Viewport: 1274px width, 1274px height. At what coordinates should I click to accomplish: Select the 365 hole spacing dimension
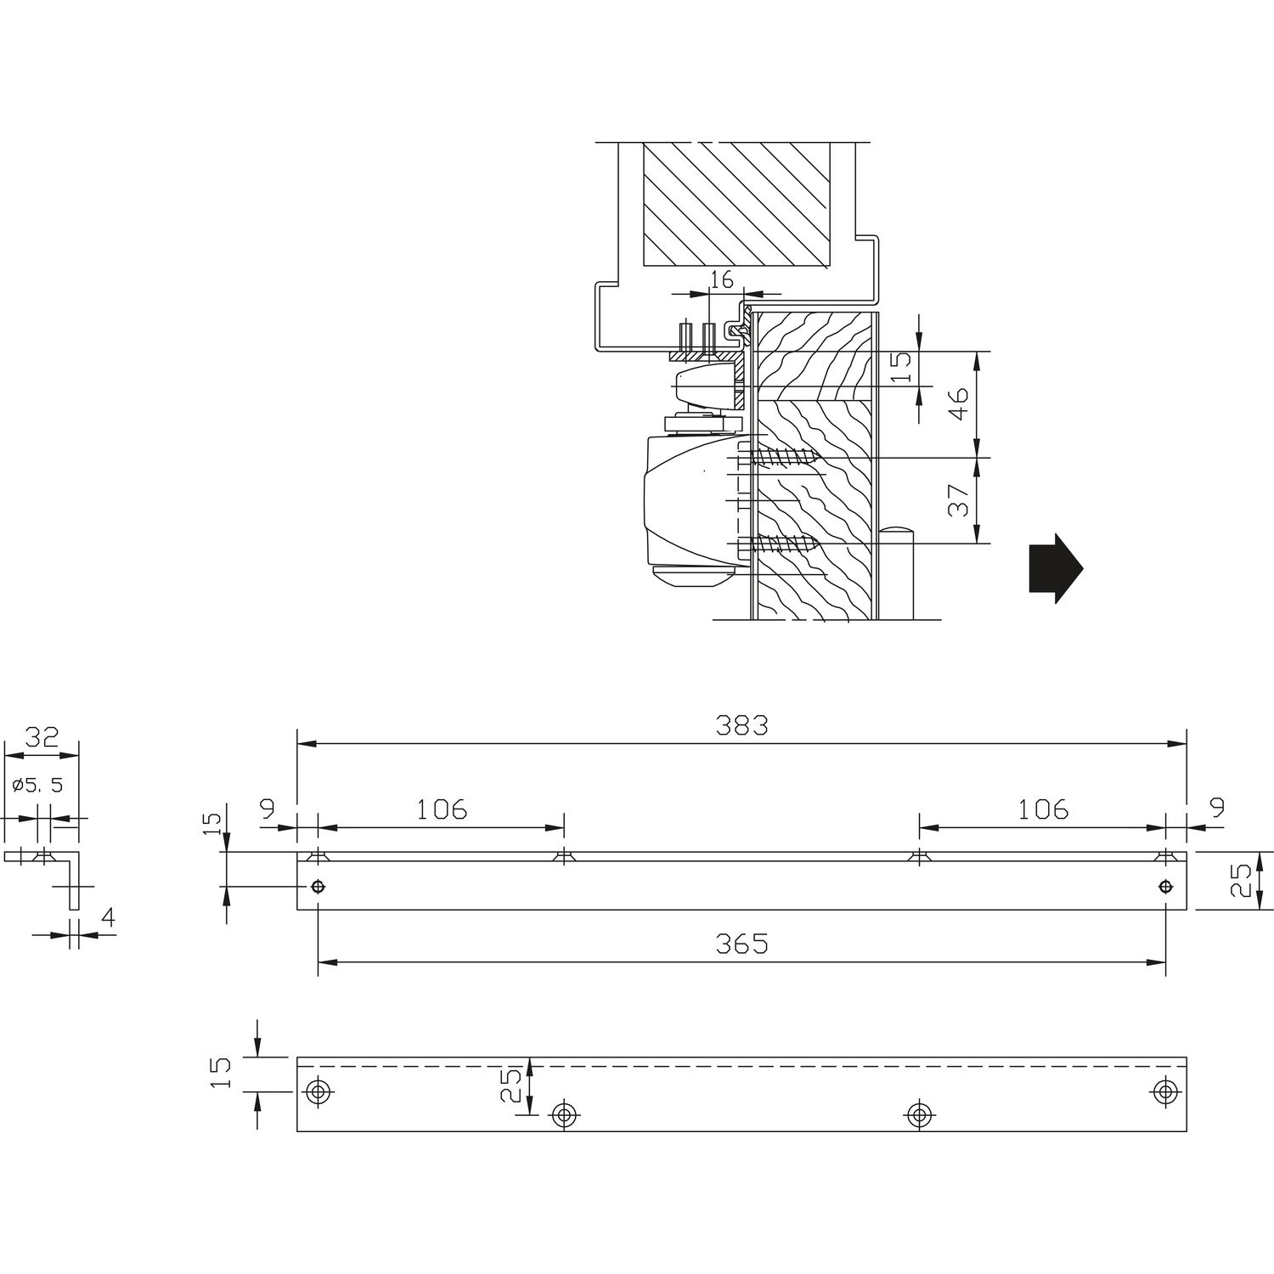pos(741,944)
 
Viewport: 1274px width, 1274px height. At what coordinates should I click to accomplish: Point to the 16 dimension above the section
pos(720,280)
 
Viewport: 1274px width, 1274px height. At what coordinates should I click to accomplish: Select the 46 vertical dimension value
pos(958,403)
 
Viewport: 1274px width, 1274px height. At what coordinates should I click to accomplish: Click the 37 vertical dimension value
pos(958,500)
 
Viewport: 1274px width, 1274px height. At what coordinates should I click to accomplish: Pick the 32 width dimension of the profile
pos(41,736)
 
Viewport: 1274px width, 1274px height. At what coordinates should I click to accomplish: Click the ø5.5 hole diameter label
pos(38,785)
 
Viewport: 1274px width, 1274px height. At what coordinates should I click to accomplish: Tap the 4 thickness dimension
pos(108,916)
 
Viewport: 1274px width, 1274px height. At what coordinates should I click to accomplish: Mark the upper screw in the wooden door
pos(780,459)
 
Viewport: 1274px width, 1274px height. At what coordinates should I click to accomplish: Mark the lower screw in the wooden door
pos(780,543)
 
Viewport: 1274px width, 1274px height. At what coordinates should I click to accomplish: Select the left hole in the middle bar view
pos(318,887)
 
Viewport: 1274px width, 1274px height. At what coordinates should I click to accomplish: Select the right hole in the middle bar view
pos(1165,887)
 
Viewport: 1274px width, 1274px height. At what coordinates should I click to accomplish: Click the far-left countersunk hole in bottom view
pos(319,1091)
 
